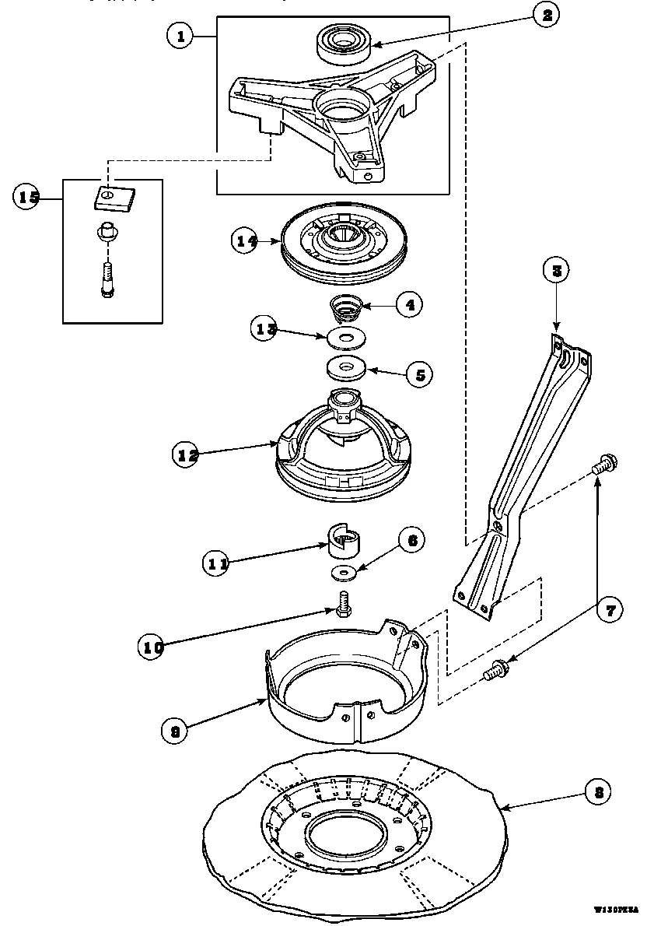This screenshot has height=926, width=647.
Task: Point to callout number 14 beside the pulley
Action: click(247, 241)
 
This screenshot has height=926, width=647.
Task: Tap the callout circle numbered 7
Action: click(610, 611)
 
